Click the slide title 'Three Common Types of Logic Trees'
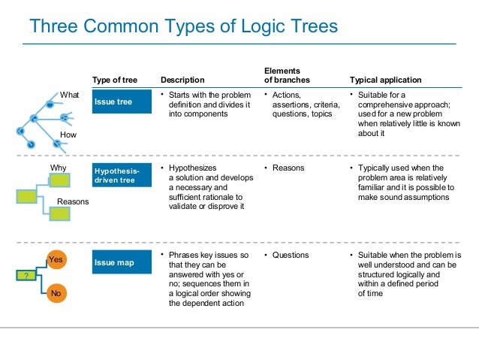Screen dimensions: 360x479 click(x=182, y=27)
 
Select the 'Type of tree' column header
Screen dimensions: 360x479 click(x=114, y=80)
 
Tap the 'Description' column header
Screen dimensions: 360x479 click(x=182, y=80)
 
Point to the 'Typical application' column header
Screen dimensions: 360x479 click(x=386, y=80)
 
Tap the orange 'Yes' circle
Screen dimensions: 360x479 click(x=55, y=259)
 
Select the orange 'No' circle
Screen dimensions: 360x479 click(x=55, y=293)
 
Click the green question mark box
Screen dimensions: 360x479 click(x=26, y=277)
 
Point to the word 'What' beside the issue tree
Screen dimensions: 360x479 click(x=70, y=95)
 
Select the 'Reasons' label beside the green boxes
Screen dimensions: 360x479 click(x=73, y=201)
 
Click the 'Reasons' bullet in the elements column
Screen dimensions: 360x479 click(x=288, y=168)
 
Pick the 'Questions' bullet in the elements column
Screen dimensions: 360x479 click(x=291, y=255)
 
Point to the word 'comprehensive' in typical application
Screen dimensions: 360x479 click(x=384, y=104)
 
